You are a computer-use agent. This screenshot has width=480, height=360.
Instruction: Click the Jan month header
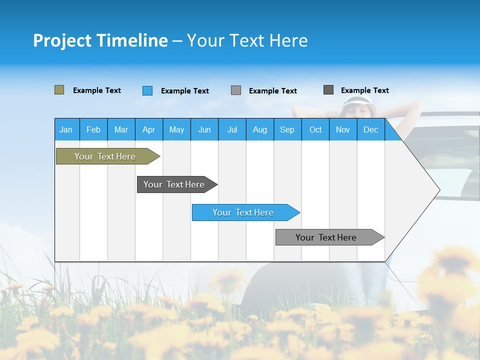click(66, 129)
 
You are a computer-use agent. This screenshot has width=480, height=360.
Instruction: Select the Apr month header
click(148, 129)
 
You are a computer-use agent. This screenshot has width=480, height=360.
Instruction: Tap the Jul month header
click(232, 129)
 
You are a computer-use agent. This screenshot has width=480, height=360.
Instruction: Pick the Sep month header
click(287, 129)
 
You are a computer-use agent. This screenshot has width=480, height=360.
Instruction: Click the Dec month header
click(370, 129)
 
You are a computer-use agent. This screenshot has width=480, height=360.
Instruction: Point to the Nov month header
click(342, 129)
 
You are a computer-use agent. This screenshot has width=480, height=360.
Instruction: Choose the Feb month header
click(93, 129)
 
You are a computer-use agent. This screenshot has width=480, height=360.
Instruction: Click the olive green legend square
click(59, 90)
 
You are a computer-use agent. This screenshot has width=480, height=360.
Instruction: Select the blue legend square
click(147, 90)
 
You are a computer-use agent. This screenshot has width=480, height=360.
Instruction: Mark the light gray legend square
click(236, 90)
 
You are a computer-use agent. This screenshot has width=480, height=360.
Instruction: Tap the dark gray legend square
click(328, 90)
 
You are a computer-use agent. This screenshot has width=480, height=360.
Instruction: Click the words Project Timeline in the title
click(100, 40)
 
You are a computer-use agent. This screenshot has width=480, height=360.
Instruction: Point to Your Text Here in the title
click(247, 40)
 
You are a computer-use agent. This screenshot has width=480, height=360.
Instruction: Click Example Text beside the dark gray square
click(364, 90)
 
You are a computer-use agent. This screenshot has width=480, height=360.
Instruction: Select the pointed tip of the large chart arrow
click(438, 189)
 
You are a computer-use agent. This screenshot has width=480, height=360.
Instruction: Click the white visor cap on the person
click(357, 101)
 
